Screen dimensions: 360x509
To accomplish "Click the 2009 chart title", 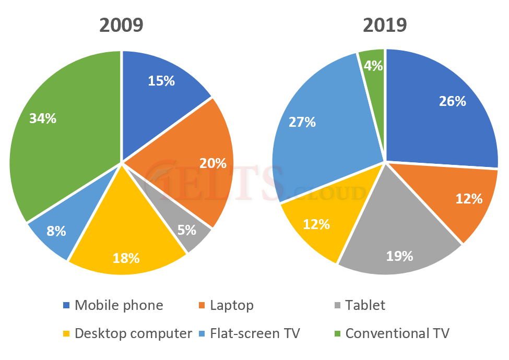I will tap(121, 25).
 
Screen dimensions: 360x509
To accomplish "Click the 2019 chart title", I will tap(385, 25).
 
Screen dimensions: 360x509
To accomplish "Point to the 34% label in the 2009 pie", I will tap(43, 118).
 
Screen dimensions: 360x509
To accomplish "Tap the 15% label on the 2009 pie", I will tap(161, 81).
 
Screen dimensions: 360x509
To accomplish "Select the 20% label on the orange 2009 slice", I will tap(213, 163).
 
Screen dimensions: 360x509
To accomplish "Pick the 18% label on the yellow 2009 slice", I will tap(126, 257).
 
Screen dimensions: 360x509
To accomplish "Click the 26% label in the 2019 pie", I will tap(452, 101).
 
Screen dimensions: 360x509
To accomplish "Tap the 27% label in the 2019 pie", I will tap(302, 122).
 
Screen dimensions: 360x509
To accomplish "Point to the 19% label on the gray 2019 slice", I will tap(399, 256).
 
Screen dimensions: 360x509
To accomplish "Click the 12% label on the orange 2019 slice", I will tap(468, 199).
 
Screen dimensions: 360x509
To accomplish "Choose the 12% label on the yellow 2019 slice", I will tap(316, 224).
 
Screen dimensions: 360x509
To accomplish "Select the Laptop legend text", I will tap(232, 305).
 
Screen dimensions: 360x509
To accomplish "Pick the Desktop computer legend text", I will tap(134, 333).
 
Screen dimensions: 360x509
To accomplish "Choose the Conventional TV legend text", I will tap(397, 333).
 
